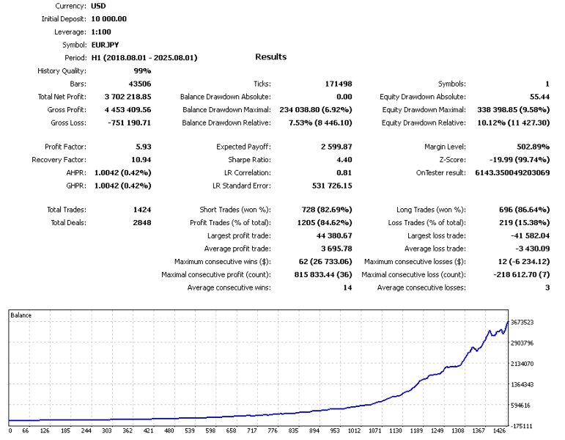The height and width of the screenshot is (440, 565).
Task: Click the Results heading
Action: point(270,56)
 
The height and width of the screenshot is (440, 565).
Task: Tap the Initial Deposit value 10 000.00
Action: point(108,19)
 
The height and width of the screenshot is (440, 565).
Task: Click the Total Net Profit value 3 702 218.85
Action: point(123,97)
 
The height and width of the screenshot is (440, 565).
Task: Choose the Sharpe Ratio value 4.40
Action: point(341,160)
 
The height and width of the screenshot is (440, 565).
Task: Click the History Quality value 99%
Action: point(143,70)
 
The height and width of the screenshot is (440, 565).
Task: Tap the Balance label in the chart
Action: point(21,315)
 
